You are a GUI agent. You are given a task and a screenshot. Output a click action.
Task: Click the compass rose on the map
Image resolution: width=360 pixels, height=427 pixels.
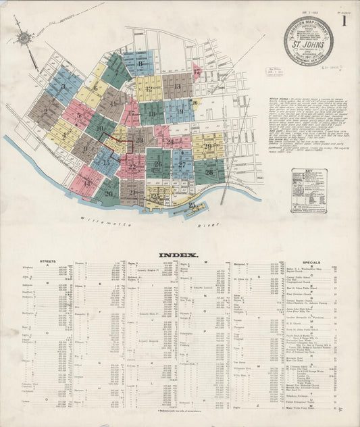(25, 39)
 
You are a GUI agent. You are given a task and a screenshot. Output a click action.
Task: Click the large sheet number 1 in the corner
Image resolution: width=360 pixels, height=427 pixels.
(346, 20)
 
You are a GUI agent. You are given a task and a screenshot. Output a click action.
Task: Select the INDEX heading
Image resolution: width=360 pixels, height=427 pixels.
(178, 255)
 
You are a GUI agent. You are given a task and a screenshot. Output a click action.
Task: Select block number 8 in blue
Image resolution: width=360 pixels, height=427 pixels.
(139, 64)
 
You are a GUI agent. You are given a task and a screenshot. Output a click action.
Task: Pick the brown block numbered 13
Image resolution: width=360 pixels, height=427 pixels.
(177, 86)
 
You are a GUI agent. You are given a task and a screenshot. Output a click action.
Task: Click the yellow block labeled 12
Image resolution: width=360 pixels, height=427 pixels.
(148, 89)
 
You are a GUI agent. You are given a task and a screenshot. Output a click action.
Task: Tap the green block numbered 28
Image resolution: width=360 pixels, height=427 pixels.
(209, 172)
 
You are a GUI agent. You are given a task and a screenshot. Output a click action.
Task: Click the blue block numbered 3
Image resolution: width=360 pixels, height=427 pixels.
(63, 86)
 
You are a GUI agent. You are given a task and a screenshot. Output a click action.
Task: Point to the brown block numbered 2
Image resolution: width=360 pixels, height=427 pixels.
(45, 111)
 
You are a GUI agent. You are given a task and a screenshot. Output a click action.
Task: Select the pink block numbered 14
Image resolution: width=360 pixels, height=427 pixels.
(86, 182)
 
